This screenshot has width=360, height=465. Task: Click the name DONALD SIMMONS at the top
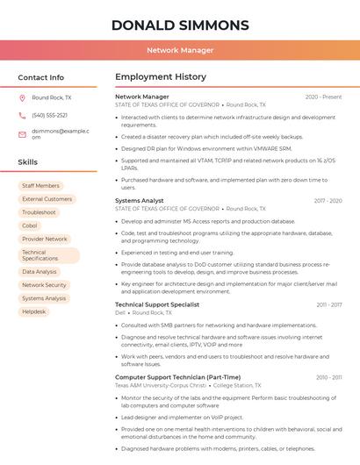[179, 25]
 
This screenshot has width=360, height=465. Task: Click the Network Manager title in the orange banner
[179, 50]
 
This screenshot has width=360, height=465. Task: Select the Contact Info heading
[41, 77]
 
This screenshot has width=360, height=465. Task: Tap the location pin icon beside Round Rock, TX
[22, 98]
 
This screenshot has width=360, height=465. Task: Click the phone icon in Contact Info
[22, 115]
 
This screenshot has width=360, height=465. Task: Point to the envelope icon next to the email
[22, 134]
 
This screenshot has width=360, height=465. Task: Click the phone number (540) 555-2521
[49, 115]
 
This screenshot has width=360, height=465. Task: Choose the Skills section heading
[28, 162]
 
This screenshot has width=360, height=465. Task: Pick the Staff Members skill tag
[40, 186]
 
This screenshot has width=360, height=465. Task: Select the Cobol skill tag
[30, 225]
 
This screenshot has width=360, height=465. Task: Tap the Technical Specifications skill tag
[40, 255]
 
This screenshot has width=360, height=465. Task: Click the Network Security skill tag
[44, 285]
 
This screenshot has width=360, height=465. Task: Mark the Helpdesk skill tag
[34, 311]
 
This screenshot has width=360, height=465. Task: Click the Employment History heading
[161, 77]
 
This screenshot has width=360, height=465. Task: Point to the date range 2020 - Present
[323, 97]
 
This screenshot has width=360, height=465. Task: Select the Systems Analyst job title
[140, 201]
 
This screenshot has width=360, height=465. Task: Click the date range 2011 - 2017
[328, 304]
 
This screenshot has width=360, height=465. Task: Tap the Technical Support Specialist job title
[157, 304]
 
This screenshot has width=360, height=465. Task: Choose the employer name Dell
[120, 312]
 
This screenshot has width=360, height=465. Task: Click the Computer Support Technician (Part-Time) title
[177, 377]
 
